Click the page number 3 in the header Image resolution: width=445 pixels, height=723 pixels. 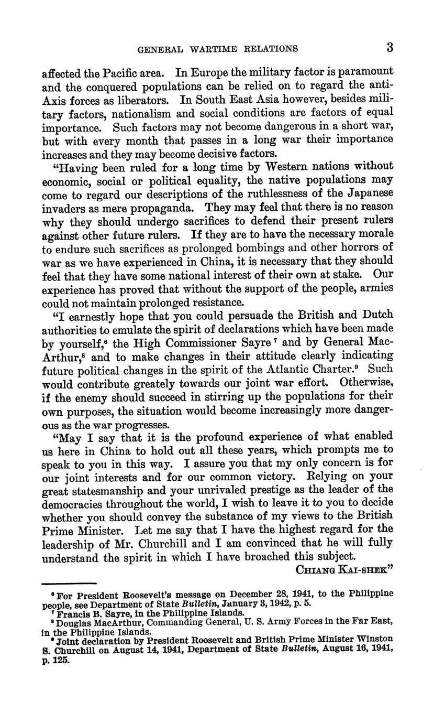390,48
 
